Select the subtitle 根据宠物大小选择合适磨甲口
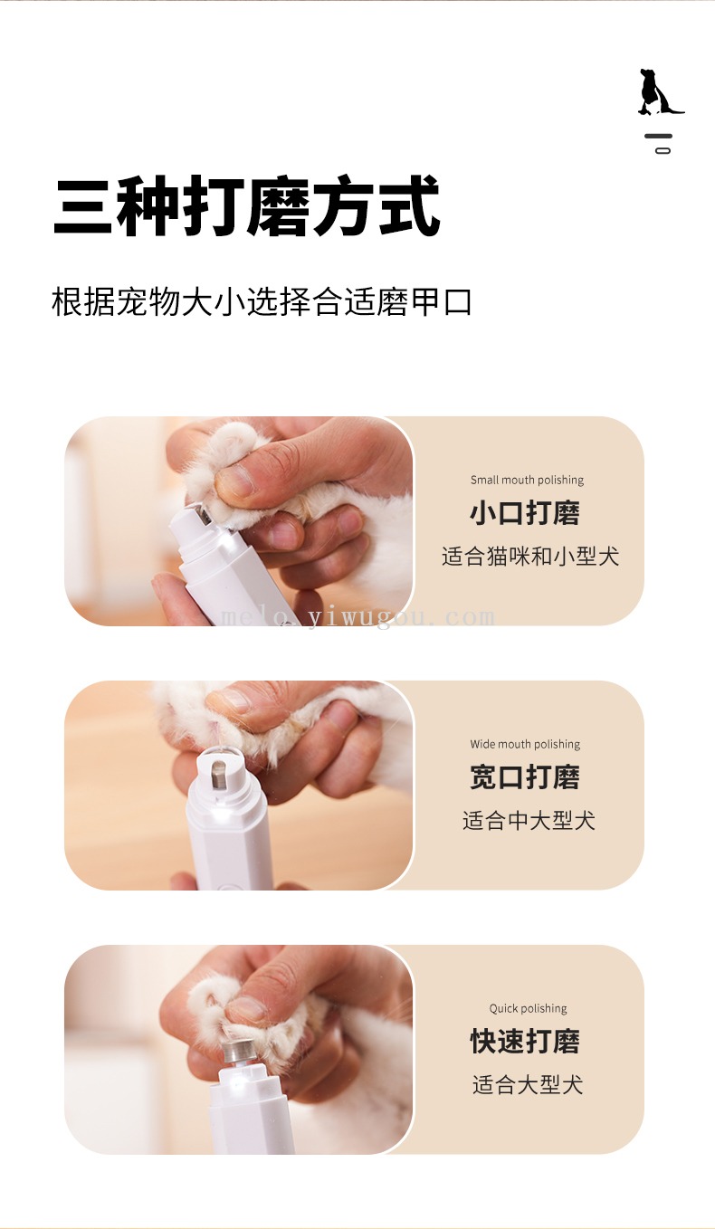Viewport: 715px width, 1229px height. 262,301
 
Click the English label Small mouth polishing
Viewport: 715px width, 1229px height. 527,480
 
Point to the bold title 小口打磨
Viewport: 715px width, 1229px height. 525,513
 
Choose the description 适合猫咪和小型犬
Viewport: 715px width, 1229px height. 530,557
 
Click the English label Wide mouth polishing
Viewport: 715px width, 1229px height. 525,745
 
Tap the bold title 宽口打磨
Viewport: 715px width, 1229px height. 525,777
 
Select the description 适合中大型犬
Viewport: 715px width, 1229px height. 529,821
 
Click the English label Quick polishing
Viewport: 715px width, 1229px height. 528,1008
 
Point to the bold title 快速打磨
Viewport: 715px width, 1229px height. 525,1042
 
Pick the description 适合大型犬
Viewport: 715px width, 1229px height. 528,1085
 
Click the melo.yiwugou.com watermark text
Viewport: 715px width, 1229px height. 357,618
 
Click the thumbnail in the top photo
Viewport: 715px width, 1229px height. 235,480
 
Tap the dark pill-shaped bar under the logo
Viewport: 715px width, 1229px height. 659,136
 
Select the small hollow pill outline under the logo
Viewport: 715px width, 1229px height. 663,150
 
